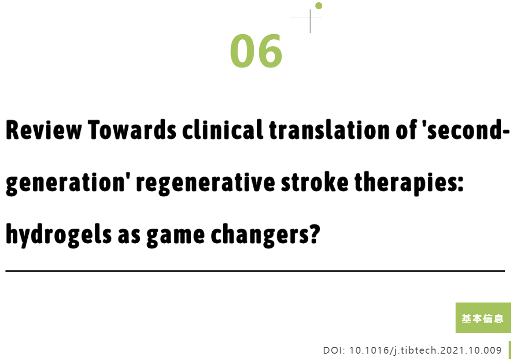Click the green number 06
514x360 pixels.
[x=256, y=51]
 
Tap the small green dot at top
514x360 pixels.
[x=319, y=5]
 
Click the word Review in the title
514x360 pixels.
[x=44, y=130]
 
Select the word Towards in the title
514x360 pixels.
[x=132, y=130]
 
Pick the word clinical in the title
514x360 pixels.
[x=223, y=130]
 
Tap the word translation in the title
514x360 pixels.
[x=330, y=130]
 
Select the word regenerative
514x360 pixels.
[x=206, y=183]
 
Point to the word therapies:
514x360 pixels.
[x=409, y=183]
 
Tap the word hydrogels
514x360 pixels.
[x=59, y=235]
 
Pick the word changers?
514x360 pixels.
[x=266, y=235]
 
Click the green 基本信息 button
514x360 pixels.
[x=483, y=318]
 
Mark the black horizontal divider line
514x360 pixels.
[x=255, y=271]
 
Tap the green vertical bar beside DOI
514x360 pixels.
[x=510, y=350]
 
